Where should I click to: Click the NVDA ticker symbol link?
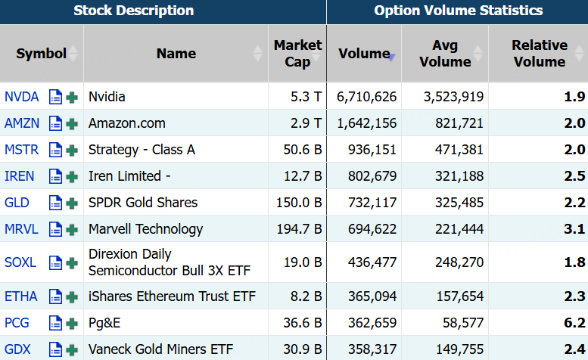click(x=21, y=97)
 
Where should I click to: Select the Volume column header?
click(x=364, y=54)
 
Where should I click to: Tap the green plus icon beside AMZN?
click(x=72, y=123)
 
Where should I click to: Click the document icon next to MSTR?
click(x=55, y=150)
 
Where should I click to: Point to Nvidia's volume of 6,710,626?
click(x=366, y=97)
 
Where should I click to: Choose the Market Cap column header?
click(x=297, y=53)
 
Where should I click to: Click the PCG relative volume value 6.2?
click(x=574, y=323)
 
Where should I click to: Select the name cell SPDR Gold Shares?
click(x=143, y=203)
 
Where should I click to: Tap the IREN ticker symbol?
click(x=19, y=176)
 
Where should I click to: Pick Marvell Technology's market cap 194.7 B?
click(x=299, y=229)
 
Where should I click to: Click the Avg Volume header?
click(x=445, y=53)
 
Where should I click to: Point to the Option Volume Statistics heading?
click(x=459, y=11)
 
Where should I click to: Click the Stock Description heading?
click(x=133, y=11)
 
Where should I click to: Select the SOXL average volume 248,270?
click(x=459, y=262)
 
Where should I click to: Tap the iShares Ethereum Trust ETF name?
click(x=172, y=296)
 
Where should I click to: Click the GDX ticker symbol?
click(x=17, y=349)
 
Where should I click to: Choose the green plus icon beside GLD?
click(x=72, y=203)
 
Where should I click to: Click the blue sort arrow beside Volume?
click(x=391, y=57)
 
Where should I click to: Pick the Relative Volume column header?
click(x=540, y=53)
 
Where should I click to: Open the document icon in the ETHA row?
click(x=55, y=296)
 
